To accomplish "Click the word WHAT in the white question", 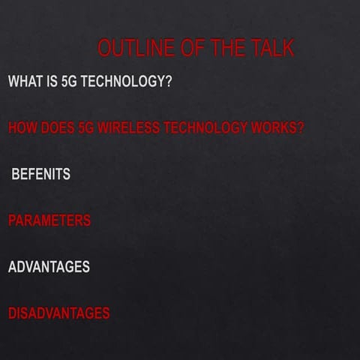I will [x=24, y=81].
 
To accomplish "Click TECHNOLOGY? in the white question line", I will [x=126, y=81].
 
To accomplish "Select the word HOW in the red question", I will [x=21, y=127].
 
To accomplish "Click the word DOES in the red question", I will [x=55, y=127].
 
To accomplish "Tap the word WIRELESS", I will [x=127, y=127].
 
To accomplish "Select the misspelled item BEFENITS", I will [x=41, y=174].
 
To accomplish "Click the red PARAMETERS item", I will [x=49, y=220].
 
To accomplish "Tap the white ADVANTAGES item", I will [x=49, y=267].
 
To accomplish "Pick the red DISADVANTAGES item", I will [x=58, y=313].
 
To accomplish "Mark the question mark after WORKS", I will [x=300, y=127].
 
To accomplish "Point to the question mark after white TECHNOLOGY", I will [x=168, y=81].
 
